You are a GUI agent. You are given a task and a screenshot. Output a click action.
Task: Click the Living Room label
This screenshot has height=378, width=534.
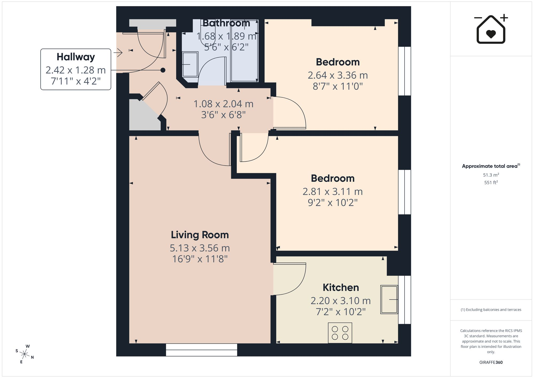click(200, 235)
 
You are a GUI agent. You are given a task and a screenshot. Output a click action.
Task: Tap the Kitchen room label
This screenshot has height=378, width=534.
click(341, 287)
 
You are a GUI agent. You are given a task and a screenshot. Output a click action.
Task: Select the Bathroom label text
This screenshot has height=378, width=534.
click(226, 23)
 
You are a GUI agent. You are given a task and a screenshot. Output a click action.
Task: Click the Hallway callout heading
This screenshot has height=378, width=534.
click(76, 57)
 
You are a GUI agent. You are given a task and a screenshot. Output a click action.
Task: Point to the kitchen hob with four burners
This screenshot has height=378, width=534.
click(340, 333)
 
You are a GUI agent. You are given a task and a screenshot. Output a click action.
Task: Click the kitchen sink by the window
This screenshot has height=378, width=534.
click(389, 299)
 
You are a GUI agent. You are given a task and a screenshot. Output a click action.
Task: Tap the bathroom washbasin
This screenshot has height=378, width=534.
click(190, 64)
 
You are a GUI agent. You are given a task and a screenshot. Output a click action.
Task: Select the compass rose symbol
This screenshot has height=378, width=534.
click(24, 354)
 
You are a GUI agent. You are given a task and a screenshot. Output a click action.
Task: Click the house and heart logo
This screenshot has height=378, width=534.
click(491, 29)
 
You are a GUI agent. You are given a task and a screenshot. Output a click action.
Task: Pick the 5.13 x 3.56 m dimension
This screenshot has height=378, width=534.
click(200, 248)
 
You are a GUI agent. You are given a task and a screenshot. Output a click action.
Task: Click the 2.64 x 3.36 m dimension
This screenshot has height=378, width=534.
click(338, 75)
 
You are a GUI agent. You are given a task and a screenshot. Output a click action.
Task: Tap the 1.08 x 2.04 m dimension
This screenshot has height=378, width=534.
click(223, 104)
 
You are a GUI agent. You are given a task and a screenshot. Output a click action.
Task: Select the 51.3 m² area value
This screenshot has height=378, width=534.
click(491, 175)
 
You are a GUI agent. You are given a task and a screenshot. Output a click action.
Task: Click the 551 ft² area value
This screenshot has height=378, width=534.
click(491, 182)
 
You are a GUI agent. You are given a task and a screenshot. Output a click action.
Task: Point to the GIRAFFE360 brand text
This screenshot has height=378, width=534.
click(491, 362)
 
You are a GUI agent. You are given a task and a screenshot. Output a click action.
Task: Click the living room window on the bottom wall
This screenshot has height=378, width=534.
click(202, 350)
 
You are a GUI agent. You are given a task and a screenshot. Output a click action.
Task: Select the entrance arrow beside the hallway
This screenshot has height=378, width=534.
click(118, 53)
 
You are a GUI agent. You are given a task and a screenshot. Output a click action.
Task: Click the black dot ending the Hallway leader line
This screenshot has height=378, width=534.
click(163, 70)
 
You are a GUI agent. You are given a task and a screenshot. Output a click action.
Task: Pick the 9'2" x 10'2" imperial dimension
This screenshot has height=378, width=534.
click(332, 203)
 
